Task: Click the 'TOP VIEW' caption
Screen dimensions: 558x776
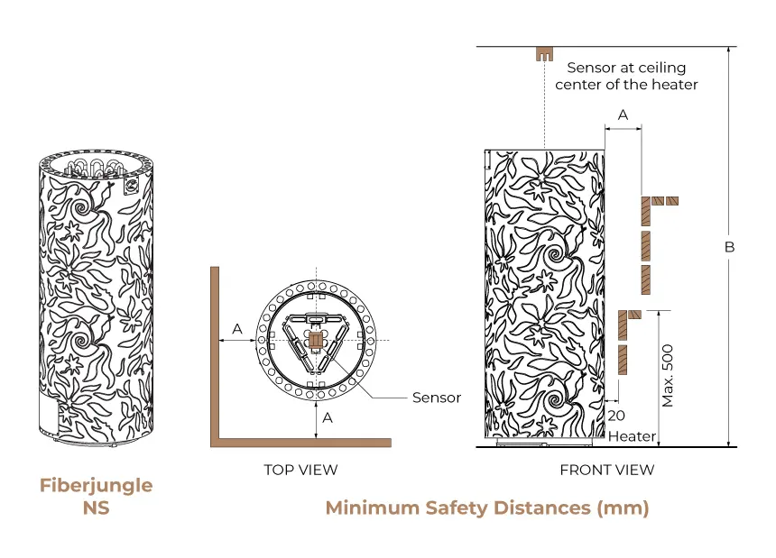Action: click(300, 470)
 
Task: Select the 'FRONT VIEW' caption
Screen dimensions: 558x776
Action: click(606, 470)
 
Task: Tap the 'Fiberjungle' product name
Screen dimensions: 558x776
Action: click(96, 486)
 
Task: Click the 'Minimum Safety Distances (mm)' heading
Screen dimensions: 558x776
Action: click(487, 508)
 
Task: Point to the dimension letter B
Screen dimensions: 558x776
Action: click(730, 247)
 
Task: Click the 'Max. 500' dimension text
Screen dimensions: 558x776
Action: click(669, 374)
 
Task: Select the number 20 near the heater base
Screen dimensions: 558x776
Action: click(616, 416)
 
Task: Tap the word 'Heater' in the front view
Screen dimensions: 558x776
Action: click(632, 437)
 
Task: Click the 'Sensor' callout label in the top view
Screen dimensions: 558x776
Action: click(437, 398)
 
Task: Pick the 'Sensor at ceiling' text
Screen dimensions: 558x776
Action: click(626, 68)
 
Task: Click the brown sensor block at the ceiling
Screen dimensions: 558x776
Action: click(544, 53)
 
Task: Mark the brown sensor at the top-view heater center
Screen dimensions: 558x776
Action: click(315, 339)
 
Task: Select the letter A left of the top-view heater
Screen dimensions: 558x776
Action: click(237, 329)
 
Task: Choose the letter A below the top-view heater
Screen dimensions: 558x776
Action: click(328, 417)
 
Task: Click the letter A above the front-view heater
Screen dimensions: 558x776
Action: click(623, 114)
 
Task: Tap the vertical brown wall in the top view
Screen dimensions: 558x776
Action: click(215, 352)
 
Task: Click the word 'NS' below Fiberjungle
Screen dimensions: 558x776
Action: click(96, 508)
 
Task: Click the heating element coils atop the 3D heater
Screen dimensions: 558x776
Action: click(94, 168)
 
